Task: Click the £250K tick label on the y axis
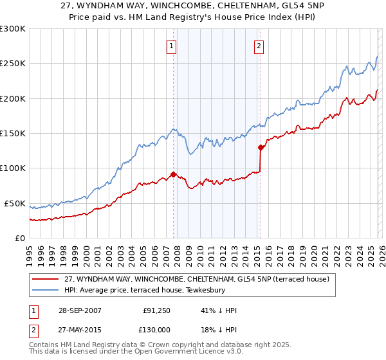point(13,64)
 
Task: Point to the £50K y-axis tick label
point(15,203)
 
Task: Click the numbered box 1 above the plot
point(172,46)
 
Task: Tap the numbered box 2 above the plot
point(259,46)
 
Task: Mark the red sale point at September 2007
point(174,174)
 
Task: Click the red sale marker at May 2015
point(261,147)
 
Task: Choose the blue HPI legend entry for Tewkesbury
point(174,291)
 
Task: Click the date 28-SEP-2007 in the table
point(80,311)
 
